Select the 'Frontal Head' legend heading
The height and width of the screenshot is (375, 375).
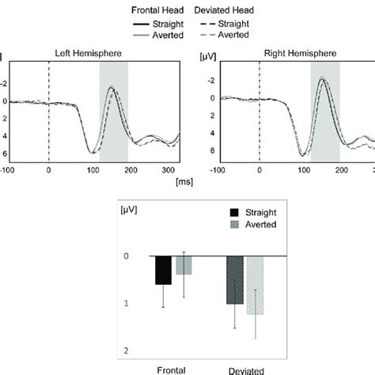point(155,9)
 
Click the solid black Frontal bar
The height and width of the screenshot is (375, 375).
point(163,270)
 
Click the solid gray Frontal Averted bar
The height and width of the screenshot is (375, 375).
point(184,265)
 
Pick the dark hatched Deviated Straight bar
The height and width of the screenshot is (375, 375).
point(235,280)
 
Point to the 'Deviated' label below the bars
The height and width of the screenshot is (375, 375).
point(245,369)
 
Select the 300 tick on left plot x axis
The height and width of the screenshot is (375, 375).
point(166,169)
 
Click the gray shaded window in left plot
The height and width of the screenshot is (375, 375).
point(113,111)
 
